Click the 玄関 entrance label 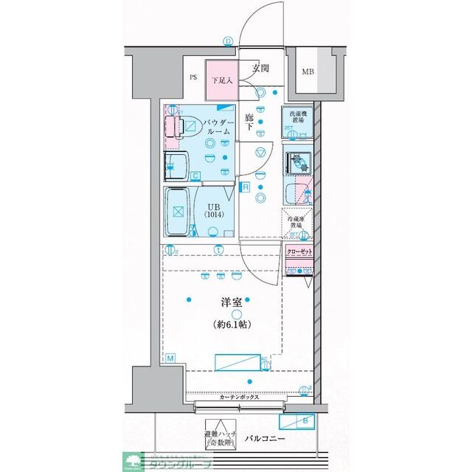tap(260, 69)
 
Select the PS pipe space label tap(193, 77)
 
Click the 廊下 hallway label tap(249, 122)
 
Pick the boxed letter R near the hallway tap(243, 187)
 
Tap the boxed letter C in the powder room tap(195, 176)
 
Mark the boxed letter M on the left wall tap(170, 358)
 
